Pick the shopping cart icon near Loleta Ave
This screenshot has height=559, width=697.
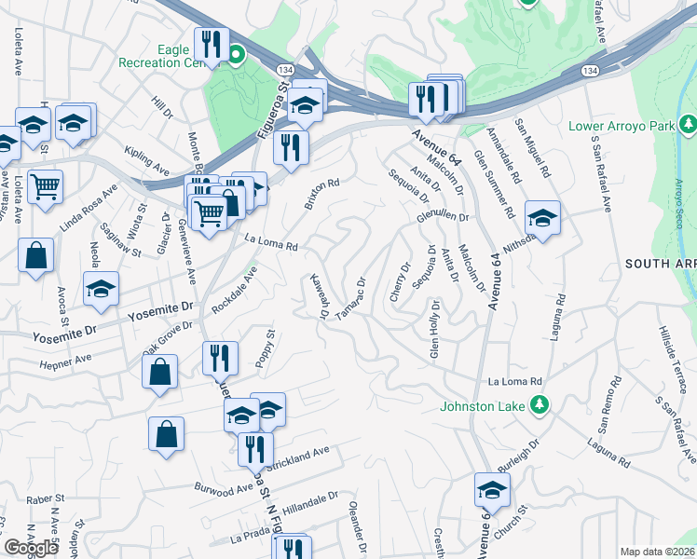pyautogui.click(x=45, y=187)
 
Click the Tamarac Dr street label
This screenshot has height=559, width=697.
pyautogui.click(x=351, y=297)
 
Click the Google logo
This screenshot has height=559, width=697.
pyautogui.click(x=32, y=548)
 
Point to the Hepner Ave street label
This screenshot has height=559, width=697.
pyautogui.click(x=65, y=359)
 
